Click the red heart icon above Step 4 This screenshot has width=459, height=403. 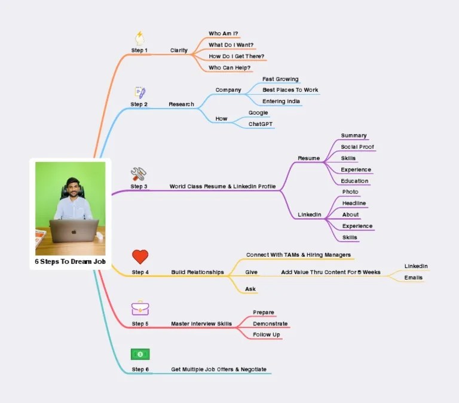(140, 257)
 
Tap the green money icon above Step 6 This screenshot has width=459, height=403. (140, 354)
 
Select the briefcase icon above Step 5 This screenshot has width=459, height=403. (140, 308)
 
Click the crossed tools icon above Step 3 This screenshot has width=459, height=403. (139, 174)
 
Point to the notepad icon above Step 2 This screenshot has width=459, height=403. (140, 93)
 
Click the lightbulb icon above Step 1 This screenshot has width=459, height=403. (140, 38)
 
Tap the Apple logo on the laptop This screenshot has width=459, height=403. (74, 230)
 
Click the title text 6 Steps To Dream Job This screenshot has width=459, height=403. (70, 262)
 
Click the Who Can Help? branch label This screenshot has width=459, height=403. (229, 67)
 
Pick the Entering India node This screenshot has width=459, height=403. (281, 101)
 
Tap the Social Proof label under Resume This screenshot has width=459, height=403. (357, 147)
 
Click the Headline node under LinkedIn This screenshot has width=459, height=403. (354, 204)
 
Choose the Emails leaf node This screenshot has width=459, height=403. (413, 278)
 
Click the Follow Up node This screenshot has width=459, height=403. (266, 335)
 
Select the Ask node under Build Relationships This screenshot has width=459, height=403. (250, 289)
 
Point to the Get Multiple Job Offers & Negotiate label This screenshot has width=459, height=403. (219, 370)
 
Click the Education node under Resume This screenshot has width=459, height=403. (354, 181)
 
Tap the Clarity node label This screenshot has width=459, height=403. (179, 50)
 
